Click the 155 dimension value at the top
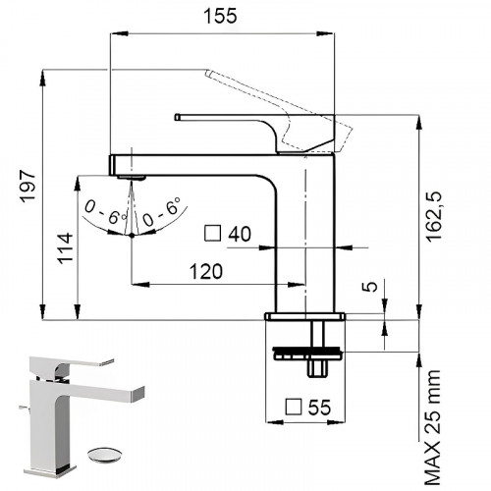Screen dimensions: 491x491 (x=220, y=16)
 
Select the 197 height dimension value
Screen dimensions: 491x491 (x=27, y=187)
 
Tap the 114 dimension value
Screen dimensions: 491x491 (x=65, y=247)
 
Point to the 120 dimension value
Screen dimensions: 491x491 (x=206, y=271)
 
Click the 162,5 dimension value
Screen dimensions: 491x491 (x=434, y=216)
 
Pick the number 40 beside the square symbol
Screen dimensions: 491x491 (x=240, y=234)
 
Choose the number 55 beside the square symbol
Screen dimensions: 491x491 (x=319, y=408)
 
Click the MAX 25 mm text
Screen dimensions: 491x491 (x=434, y=428)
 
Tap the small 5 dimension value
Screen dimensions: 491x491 (x=370, y=287)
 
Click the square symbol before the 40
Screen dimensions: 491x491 (x=213, y=233)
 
